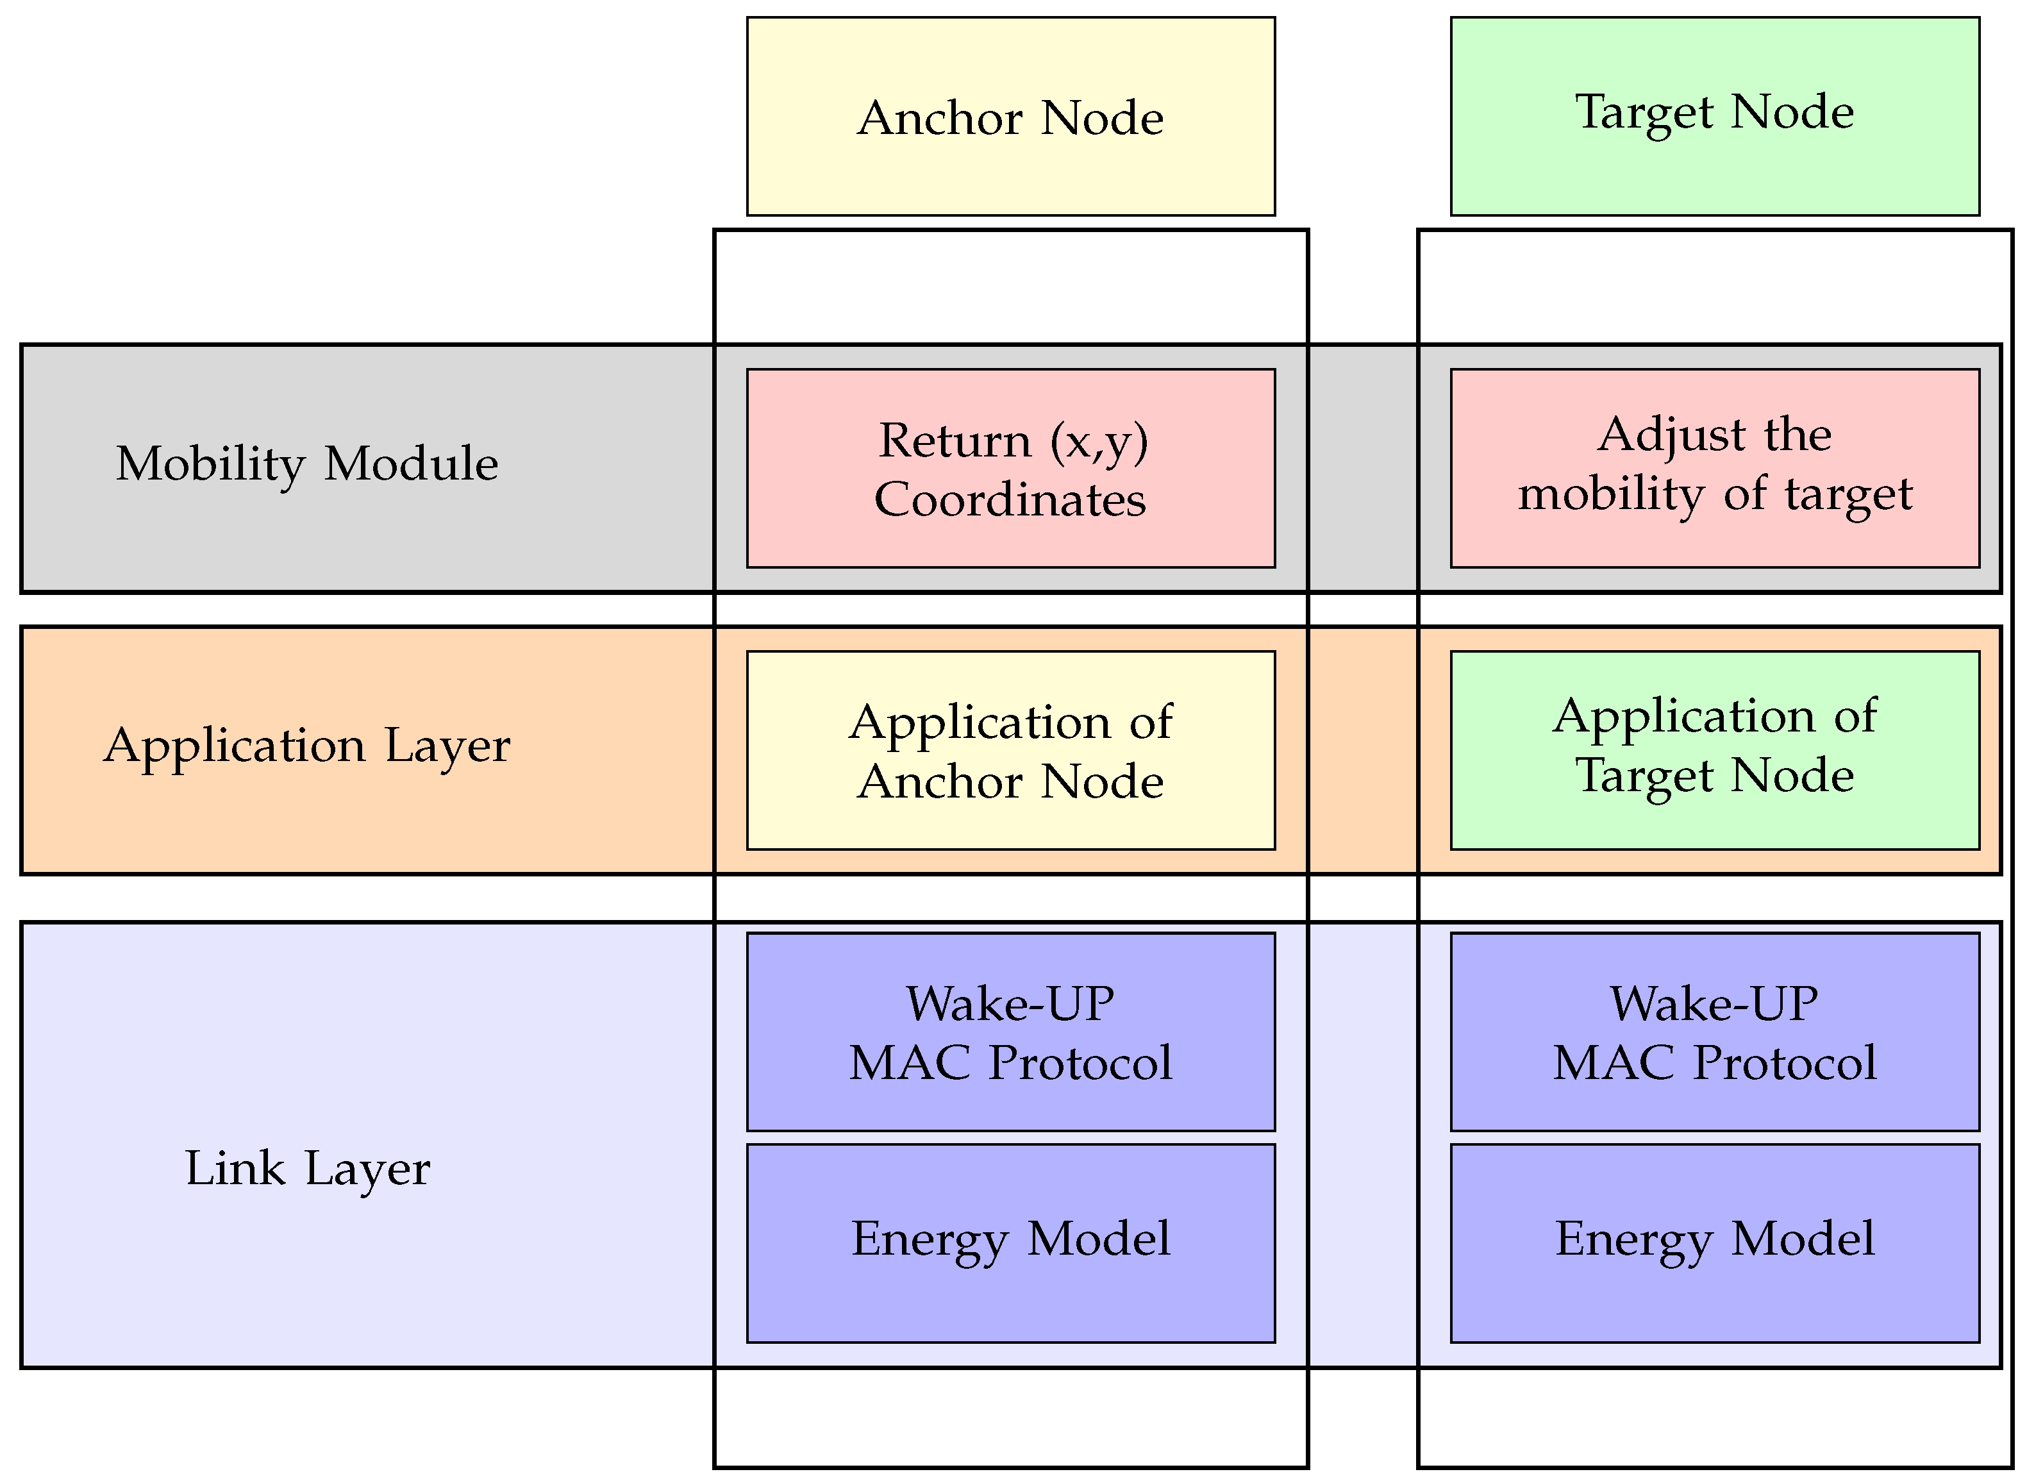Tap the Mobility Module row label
306,464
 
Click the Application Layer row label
306,745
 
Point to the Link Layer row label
306,1168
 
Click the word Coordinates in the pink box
1010,499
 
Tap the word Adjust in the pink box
1670,435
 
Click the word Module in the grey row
411,464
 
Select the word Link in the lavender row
234,1168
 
